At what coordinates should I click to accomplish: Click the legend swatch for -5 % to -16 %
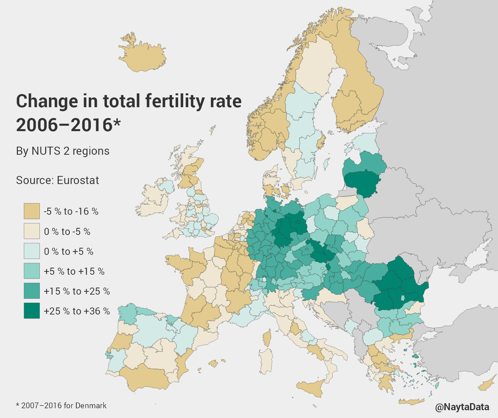pyautogui.click(x=32, y=211)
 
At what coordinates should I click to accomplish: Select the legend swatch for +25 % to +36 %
pyautogui.click(x=32, y=311)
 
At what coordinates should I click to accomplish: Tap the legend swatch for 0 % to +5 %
pyautogui.click(x=32, y=251)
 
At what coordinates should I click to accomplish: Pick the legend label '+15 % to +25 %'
pyautogui.click(x=77, y=291)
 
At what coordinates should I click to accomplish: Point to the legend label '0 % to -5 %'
pyautogui.click(x=67, y=232)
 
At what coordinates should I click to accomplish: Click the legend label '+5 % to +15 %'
pyautogui.click(x=74, y=271)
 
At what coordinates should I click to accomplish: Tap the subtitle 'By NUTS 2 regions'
pyautogui.click(x=63, y=151)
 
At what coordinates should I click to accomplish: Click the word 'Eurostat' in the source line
pyautogui.click(x=78, y=180)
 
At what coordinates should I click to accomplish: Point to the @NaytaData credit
pyautogui.click(x=462, y=407)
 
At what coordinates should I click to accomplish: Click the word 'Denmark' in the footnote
pyautogui.click(x=91, y=406)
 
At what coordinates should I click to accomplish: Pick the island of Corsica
pyautogui.click(x=267, y=338)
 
